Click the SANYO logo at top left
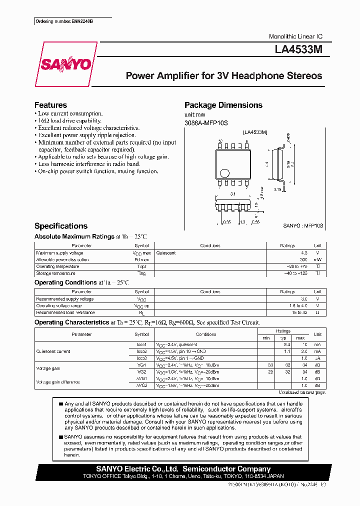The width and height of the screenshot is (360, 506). coord(65,64)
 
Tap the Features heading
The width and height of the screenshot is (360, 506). coord(50,105)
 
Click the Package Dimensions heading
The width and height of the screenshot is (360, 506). coord(223,105)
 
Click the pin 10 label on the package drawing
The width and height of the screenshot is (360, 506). coord(220,141)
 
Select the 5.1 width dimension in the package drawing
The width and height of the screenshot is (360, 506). coord(233,193)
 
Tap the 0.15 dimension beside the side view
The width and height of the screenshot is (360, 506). coord(277,189)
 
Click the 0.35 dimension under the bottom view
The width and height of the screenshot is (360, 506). coord(227,221)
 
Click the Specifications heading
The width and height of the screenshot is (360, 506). coord(60,226)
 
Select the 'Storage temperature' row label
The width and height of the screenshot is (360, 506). coord(55,273)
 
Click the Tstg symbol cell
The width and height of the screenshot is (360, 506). coord(141,273)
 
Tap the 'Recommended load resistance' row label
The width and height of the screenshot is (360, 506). coord(62,312)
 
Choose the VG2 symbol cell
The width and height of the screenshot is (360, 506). coord(141,372)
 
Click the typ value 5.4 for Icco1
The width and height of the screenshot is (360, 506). coord(287,344)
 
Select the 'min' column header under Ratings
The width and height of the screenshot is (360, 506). coord(266,338)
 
